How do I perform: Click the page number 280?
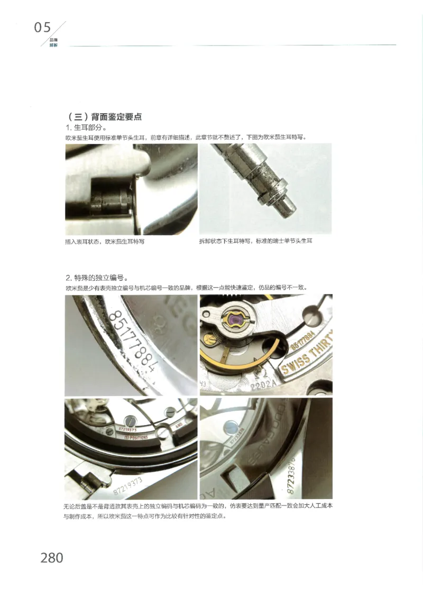51,557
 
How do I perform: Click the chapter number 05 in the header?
43,27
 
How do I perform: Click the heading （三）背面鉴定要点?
105,117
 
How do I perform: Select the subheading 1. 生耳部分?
86,127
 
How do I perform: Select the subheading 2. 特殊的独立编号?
97,278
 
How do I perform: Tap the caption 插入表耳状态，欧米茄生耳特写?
104,241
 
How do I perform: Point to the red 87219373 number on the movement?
125,430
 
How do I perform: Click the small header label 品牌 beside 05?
53,40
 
